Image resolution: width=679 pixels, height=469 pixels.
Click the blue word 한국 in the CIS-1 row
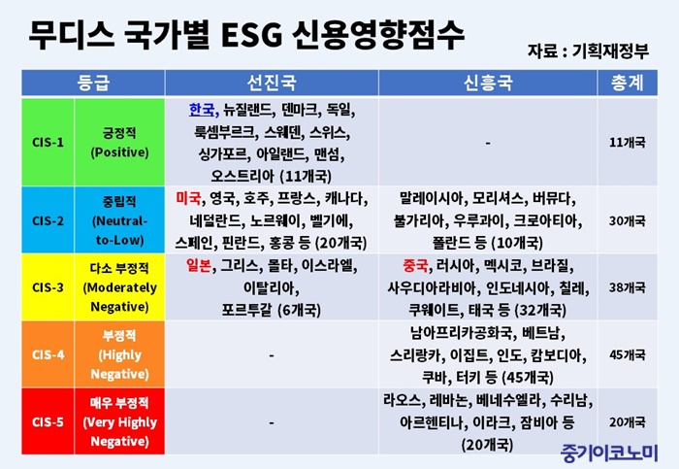point(202,110)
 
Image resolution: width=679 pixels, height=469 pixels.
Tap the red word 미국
point(188,198)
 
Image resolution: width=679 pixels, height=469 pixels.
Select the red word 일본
point(199,265)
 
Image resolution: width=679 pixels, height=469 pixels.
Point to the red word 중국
point(415,265)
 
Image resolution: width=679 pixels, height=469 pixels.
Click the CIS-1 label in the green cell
point(48,142)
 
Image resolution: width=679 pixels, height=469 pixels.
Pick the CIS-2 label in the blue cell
point(48,220)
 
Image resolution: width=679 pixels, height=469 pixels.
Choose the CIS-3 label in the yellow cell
point(48,287)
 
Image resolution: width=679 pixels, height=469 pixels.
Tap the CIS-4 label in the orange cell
point(48,354)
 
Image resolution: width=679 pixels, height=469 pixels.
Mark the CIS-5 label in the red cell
point(48,421)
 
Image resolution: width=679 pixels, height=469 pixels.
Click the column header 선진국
point(272,83)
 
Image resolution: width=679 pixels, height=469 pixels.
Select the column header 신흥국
point(488,83)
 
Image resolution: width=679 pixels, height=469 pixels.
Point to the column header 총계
point(627,83)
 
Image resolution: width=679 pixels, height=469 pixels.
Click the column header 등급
point(93,83)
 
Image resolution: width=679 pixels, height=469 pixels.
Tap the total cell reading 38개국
point(627,287)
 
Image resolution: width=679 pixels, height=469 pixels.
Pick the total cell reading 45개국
point(627,354)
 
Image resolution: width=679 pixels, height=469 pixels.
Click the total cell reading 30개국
point(627,220)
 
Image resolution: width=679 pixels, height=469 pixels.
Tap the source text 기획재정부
point(610,51)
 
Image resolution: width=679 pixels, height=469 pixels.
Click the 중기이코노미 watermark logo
point(609,453)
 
